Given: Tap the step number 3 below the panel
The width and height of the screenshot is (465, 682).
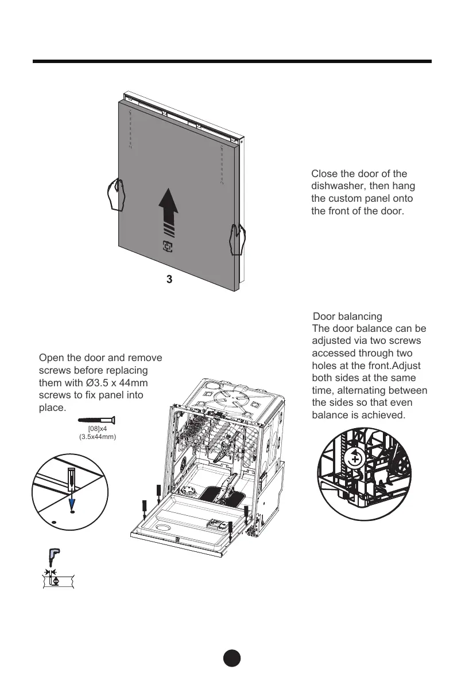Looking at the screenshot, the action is [169, 280].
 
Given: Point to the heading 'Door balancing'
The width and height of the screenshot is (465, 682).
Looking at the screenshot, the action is [347, 316].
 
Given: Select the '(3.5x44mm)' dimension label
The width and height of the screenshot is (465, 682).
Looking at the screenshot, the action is [97, 437].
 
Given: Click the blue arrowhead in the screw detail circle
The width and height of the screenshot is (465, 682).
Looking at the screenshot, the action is [71, 504].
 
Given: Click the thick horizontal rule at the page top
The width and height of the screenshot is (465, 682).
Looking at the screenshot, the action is [232, 61].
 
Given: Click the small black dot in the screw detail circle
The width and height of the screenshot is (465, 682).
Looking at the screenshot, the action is [53, 523].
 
